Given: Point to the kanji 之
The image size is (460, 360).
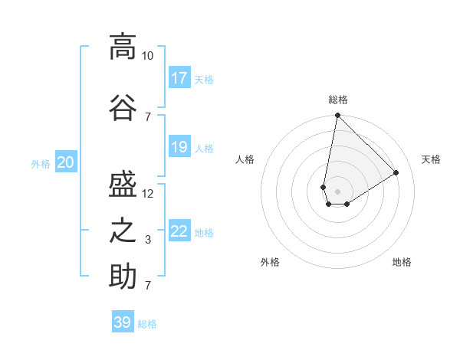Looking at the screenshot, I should pos(123,230).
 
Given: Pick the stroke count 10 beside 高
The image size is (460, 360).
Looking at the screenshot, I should pos(148,56).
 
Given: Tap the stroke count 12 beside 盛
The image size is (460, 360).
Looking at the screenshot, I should pos(148,193).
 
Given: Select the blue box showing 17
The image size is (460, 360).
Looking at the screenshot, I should pos(179,77).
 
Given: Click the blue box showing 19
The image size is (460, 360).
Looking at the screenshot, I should pos(179,146).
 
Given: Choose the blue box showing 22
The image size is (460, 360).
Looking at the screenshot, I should pos(179,231).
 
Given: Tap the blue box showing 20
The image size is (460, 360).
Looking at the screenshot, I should pos(66,162).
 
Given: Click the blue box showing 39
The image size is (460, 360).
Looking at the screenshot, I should pos(123,322).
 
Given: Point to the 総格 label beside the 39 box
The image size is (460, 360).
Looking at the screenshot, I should pos(147,324).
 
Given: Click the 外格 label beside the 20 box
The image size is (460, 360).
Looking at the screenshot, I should pos(41,163).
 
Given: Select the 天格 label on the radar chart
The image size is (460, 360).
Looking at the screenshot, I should pos(432,159).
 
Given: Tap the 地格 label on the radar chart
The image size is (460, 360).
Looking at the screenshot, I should pos(402,262).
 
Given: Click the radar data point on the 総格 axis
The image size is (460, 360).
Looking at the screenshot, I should pos(337,116).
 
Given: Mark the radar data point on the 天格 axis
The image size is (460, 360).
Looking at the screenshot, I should pos(396,173).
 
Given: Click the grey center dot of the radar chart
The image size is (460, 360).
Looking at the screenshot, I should pos(337,191).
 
